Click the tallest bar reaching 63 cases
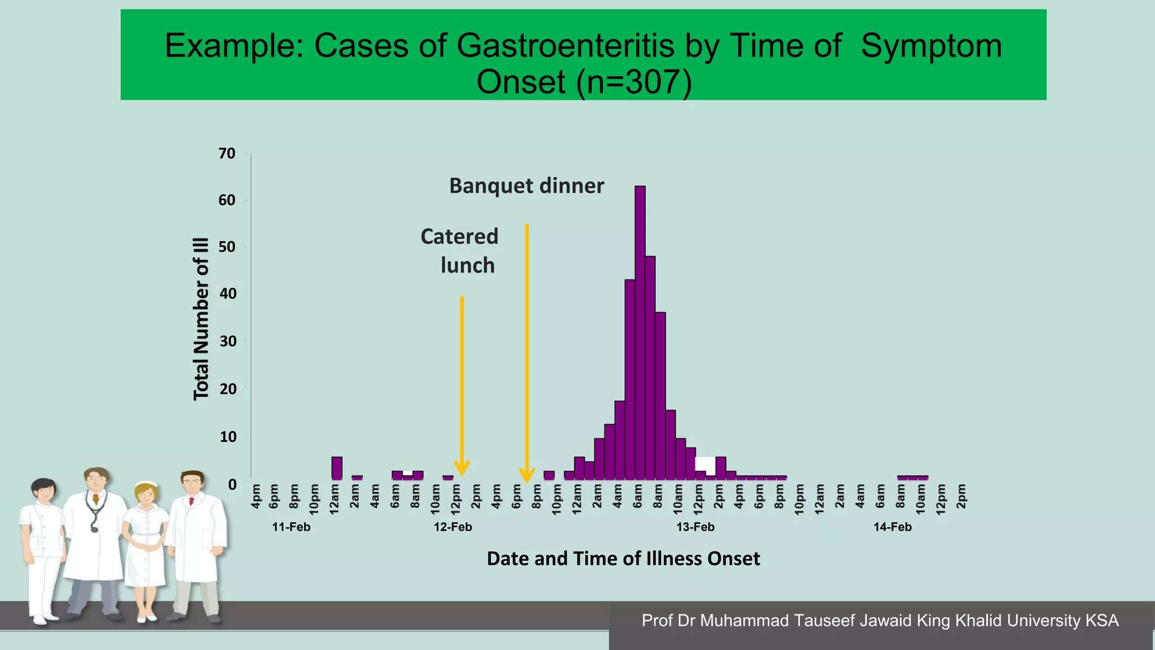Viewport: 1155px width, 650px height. [x=640, y=333]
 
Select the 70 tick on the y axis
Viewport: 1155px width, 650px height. [x=227, y=153]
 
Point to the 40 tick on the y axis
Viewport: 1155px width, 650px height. [x=228, y=293]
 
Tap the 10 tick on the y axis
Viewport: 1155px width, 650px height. [x=228, y=436]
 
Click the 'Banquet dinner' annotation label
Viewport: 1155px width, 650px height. [x=526, y=186]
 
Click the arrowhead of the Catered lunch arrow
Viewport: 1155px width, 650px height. [x=462, y=468]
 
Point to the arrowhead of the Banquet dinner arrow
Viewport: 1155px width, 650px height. [x=527, y=475]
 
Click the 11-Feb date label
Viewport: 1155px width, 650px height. [x=291, y=527]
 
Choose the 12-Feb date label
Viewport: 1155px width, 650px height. [x=453, y=527]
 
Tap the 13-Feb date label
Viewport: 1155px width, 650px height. [x=695, y=527]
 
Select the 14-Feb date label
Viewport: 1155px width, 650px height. [x=892, y=527]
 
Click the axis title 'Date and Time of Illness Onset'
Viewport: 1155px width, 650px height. [x=623, y=559]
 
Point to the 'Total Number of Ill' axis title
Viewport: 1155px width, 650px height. [x=201, y=319]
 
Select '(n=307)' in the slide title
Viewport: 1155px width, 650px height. [x=634, y=82]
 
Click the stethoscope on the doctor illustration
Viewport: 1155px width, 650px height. [x=95, y=511]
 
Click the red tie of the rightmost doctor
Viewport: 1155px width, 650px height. [x=192, y=500]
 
